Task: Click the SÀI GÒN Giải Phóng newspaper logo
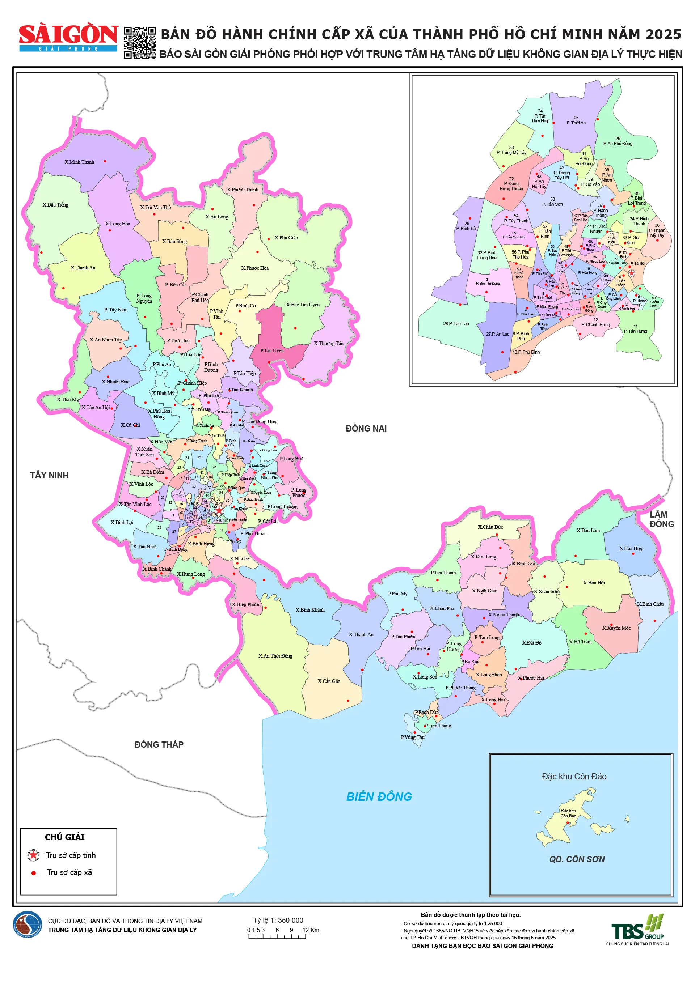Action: [x=68, y=38]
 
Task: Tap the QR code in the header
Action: [x=139, y=43]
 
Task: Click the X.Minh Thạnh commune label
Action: [x=79, y=162]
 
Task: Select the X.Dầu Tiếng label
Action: [x=55, y=205]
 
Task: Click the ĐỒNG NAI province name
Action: [x=366, y=429]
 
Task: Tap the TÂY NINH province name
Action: [x=49, y=475]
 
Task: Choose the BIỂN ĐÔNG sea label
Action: [x=379, y=797]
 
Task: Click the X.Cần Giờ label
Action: [x=328, y=681]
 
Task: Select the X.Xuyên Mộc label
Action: [x=616, y=628]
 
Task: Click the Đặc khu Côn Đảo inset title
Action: [x=574, y=776]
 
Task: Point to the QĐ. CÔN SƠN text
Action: [x=577, y=859]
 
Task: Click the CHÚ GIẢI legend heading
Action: [x=65, y=837]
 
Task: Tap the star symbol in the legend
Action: [x=33, y=855]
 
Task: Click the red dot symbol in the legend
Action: [x=34, y=873]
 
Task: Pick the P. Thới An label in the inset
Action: [x=576, y=123]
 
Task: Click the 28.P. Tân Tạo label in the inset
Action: [x=456, y=323]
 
